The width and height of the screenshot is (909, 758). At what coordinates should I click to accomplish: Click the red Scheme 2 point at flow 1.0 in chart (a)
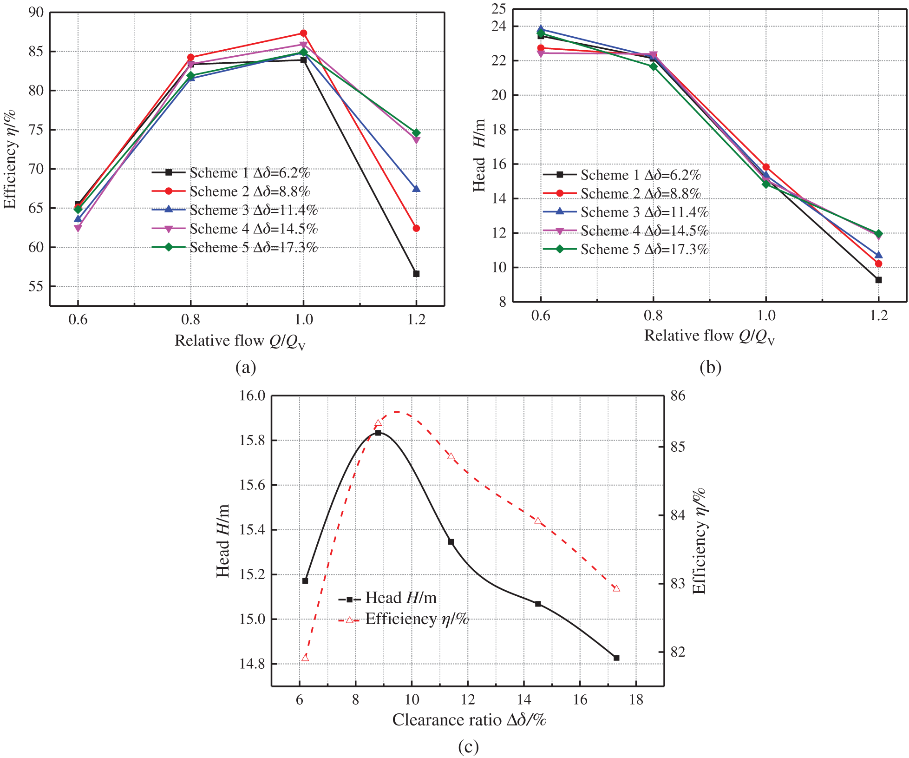(303, 33)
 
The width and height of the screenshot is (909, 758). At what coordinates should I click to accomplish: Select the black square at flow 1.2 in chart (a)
(416, 274)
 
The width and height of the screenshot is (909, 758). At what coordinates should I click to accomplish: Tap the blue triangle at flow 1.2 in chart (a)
(416, 189)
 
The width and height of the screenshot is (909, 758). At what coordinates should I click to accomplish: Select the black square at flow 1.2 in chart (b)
(878, 280)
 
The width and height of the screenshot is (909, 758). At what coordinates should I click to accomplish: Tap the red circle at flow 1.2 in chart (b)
(878, 264)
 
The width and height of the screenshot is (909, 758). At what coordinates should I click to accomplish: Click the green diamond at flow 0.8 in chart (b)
(654, 66)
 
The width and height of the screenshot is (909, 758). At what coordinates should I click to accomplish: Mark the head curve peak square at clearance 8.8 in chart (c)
(378, 433)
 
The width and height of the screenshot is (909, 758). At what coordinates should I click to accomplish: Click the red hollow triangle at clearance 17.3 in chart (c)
(616, 588)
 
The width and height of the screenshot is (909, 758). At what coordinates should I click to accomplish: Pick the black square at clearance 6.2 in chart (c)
(305, 580)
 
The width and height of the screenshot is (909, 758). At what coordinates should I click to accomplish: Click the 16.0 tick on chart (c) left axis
(252, 395)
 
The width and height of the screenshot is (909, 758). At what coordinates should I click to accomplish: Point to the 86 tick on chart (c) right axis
(678, 395)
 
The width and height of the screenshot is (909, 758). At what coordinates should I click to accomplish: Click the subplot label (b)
(710, 367)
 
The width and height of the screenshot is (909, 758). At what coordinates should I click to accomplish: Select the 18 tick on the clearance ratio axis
(636, 699)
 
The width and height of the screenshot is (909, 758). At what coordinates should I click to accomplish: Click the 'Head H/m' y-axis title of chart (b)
(479, 155)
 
